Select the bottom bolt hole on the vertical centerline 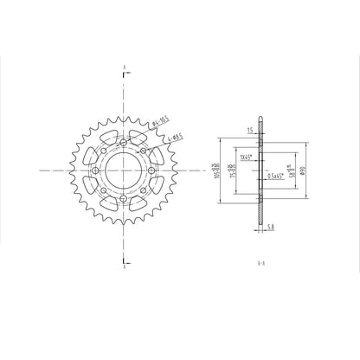click(x=124, y=201)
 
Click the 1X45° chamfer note click(x=245, y=158)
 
